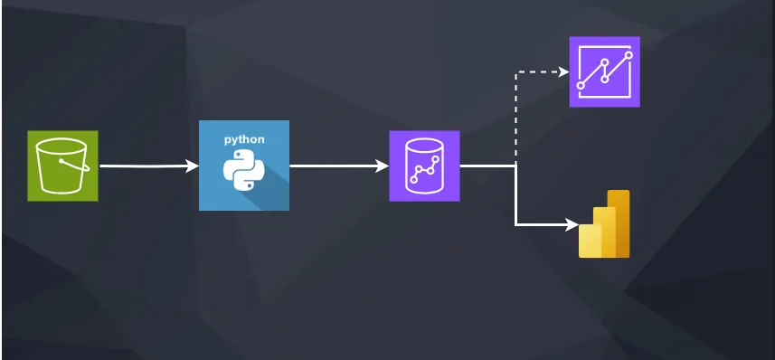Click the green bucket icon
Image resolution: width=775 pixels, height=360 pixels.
pyautogui.click(x=62, y=166)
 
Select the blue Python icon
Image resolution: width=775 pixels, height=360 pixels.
pyautogui.click(x=244, y=166)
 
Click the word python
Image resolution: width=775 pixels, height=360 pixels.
pyautogui.click(x=244, y=140)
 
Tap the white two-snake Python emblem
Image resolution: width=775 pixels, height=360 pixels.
pyautogui.click(x=243, y=172)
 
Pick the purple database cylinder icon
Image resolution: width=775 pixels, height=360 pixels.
pyautogui.click(x=424, y=166)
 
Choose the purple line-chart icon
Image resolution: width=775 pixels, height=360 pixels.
pyautogui.click(x=604, y=71)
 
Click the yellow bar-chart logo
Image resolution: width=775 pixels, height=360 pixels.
pyautogui.click(x=604, y=226)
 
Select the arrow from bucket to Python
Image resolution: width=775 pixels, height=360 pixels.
pyautogui.click(x=145, y=166)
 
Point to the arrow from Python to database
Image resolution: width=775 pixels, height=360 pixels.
pyautogui.click(x=335, y=166)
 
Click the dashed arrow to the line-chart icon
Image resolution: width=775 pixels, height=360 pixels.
pyautogui.click(x=516, y=109)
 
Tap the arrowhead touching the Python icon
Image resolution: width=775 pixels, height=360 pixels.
pyautogui.click(x=193, y=166)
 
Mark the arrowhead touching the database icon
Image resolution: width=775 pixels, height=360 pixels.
pyautogui.click(x=383, y=166)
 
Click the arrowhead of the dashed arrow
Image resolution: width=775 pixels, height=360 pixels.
pyautogui.click(x=563, y=73)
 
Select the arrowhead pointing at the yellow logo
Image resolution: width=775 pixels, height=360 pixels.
pyautogui.click(x=572, y=223)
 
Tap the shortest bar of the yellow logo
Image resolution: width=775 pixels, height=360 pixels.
pyautogui.click(x=591, y=242)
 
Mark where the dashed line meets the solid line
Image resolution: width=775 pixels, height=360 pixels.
pyautogui.click(x=516, y=166)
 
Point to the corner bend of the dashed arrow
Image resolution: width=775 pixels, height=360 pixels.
pyautogui.click(x=516, y=73)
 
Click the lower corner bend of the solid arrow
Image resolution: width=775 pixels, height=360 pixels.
pyautogui.click(x=516, y=223)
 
